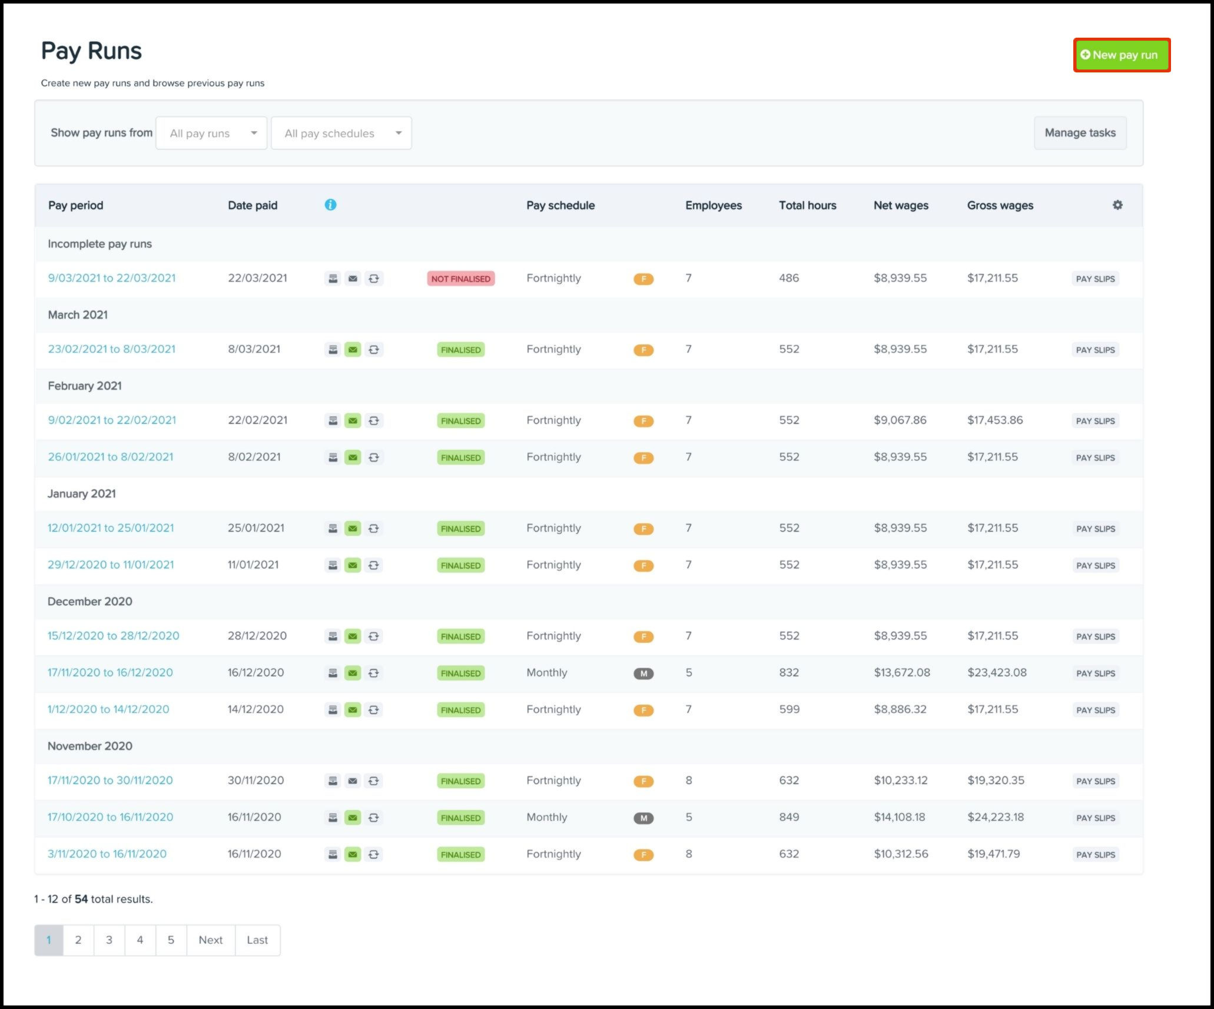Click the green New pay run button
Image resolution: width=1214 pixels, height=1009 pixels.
1121,55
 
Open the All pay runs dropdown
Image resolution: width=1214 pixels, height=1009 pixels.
211,133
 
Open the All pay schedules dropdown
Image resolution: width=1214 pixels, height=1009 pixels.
341,133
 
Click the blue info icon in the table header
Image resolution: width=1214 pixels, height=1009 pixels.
330,205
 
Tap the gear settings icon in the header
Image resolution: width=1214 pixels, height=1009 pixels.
1117,205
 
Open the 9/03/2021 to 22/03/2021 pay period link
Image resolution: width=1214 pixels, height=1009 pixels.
112,278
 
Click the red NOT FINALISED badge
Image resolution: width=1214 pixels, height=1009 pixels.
460,279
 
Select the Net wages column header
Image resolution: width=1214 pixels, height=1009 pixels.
900,205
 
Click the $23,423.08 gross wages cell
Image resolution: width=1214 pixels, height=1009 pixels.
996,673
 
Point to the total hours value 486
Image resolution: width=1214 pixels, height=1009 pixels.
788,278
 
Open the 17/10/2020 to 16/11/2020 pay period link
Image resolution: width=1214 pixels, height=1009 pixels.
110,817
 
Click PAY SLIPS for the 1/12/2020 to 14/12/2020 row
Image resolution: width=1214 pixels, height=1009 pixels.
1095,710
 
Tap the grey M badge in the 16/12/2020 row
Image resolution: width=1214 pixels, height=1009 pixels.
643,673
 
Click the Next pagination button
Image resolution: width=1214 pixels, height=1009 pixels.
210,940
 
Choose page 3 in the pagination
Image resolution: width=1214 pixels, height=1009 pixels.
109,940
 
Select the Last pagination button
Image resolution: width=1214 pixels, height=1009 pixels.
257,940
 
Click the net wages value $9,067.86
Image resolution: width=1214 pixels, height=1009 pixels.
900,420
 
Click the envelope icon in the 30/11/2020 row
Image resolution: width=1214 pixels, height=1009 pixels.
353,781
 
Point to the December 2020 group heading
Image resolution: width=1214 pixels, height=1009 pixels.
90,602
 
